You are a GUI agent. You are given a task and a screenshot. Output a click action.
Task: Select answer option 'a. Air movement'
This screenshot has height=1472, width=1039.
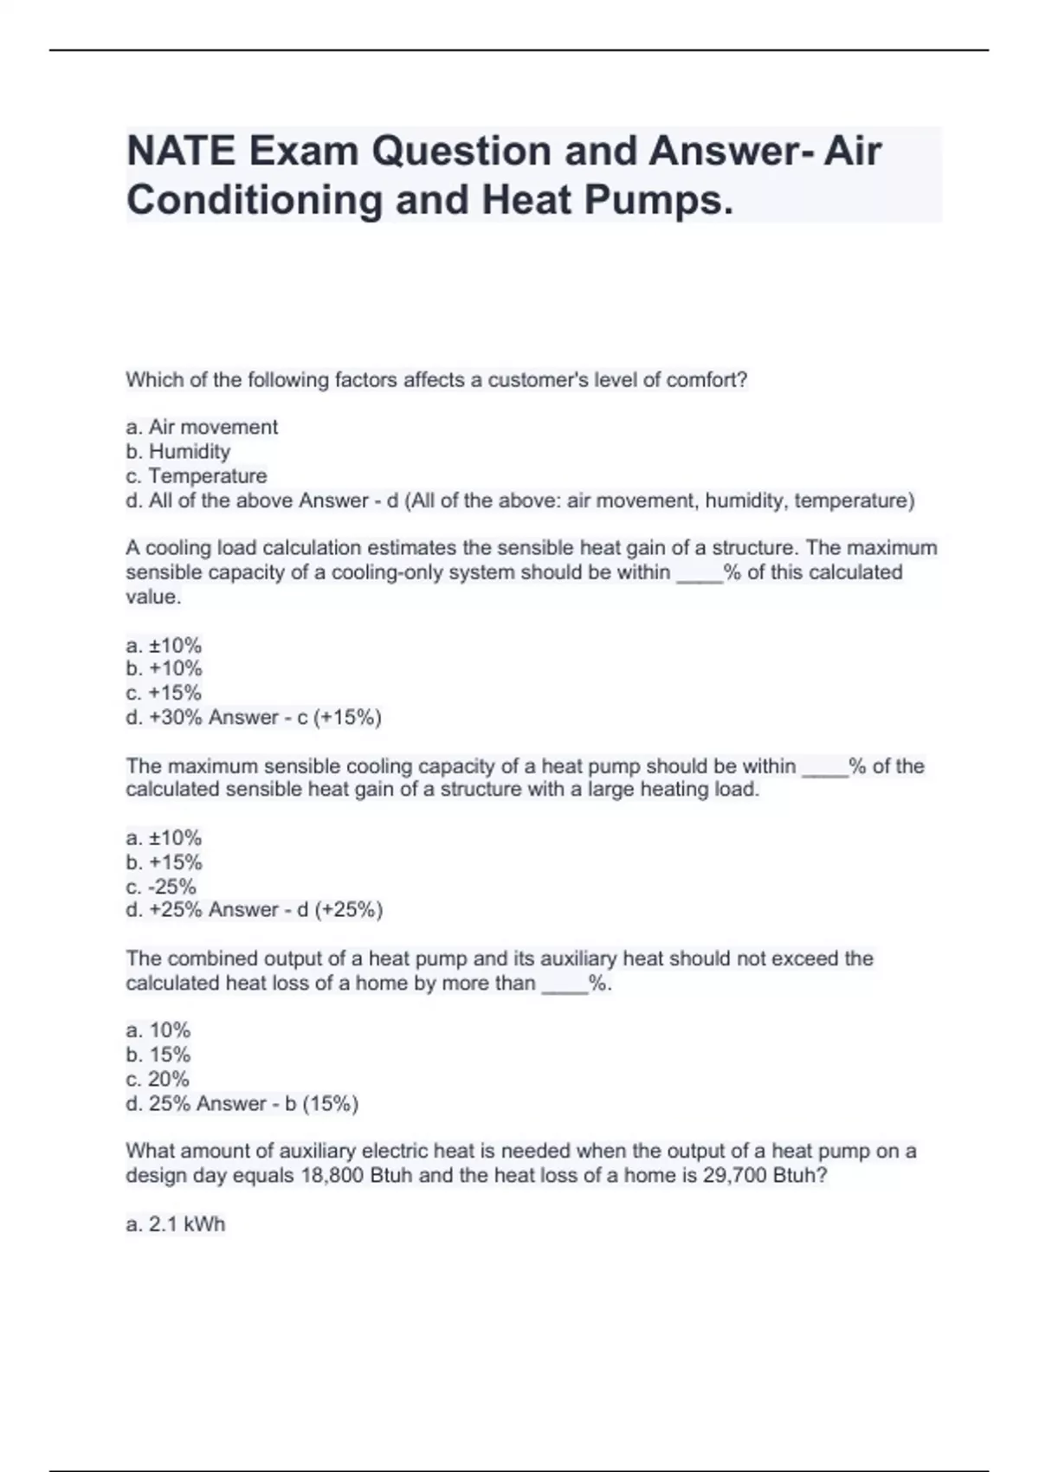point(202,427)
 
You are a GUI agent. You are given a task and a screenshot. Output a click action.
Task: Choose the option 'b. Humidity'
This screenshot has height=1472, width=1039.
point(177,451)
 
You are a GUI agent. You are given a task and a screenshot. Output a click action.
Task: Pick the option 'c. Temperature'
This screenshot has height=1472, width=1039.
point(197,476)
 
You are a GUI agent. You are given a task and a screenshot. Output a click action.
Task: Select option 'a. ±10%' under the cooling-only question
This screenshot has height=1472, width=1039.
point(164,645)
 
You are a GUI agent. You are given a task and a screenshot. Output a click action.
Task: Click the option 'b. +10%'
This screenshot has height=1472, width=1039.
point(164,668)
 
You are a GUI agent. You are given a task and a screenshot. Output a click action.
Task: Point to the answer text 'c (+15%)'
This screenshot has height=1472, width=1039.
point(339,717)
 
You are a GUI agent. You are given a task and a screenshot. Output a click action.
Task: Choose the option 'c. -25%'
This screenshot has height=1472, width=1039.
point(161,887)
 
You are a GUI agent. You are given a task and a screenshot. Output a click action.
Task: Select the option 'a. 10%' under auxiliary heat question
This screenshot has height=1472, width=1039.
point(158,1030)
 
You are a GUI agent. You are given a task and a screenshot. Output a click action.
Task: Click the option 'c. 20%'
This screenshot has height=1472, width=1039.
point(158,1079)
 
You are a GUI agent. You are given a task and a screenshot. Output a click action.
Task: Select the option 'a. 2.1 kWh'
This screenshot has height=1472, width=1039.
point(175,1224)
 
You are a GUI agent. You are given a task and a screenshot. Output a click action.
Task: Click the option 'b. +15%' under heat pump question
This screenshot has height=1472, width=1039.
point(164,862)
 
